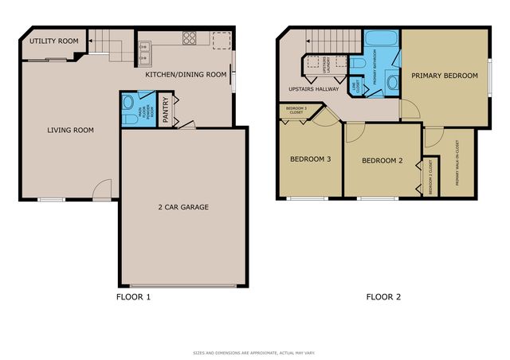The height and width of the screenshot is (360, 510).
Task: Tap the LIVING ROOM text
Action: click(x=70, y=131)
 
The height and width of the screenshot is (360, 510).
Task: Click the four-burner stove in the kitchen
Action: click(x=191, y=37)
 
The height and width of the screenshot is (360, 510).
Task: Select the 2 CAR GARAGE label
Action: click(x=182, y=207)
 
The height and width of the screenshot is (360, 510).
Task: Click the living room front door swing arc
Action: click(x=101, y=188)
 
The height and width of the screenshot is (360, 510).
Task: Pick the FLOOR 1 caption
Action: click(x=133, y=297)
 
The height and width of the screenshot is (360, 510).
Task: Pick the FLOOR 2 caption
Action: click(x=382, y=297)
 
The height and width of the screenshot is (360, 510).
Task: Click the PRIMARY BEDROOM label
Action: click(x=444, y=76)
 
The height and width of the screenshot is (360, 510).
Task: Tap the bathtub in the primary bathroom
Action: click(x=380, y=41)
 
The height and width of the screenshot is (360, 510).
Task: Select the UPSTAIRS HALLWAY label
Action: click(x=308, y=89)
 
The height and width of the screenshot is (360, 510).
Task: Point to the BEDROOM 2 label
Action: click(x=382, y=161)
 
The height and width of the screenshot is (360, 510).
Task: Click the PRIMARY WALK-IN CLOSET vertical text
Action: click(x=457, y=163)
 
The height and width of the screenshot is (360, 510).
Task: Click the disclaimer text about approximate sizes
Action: click(x=255, y=352)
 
